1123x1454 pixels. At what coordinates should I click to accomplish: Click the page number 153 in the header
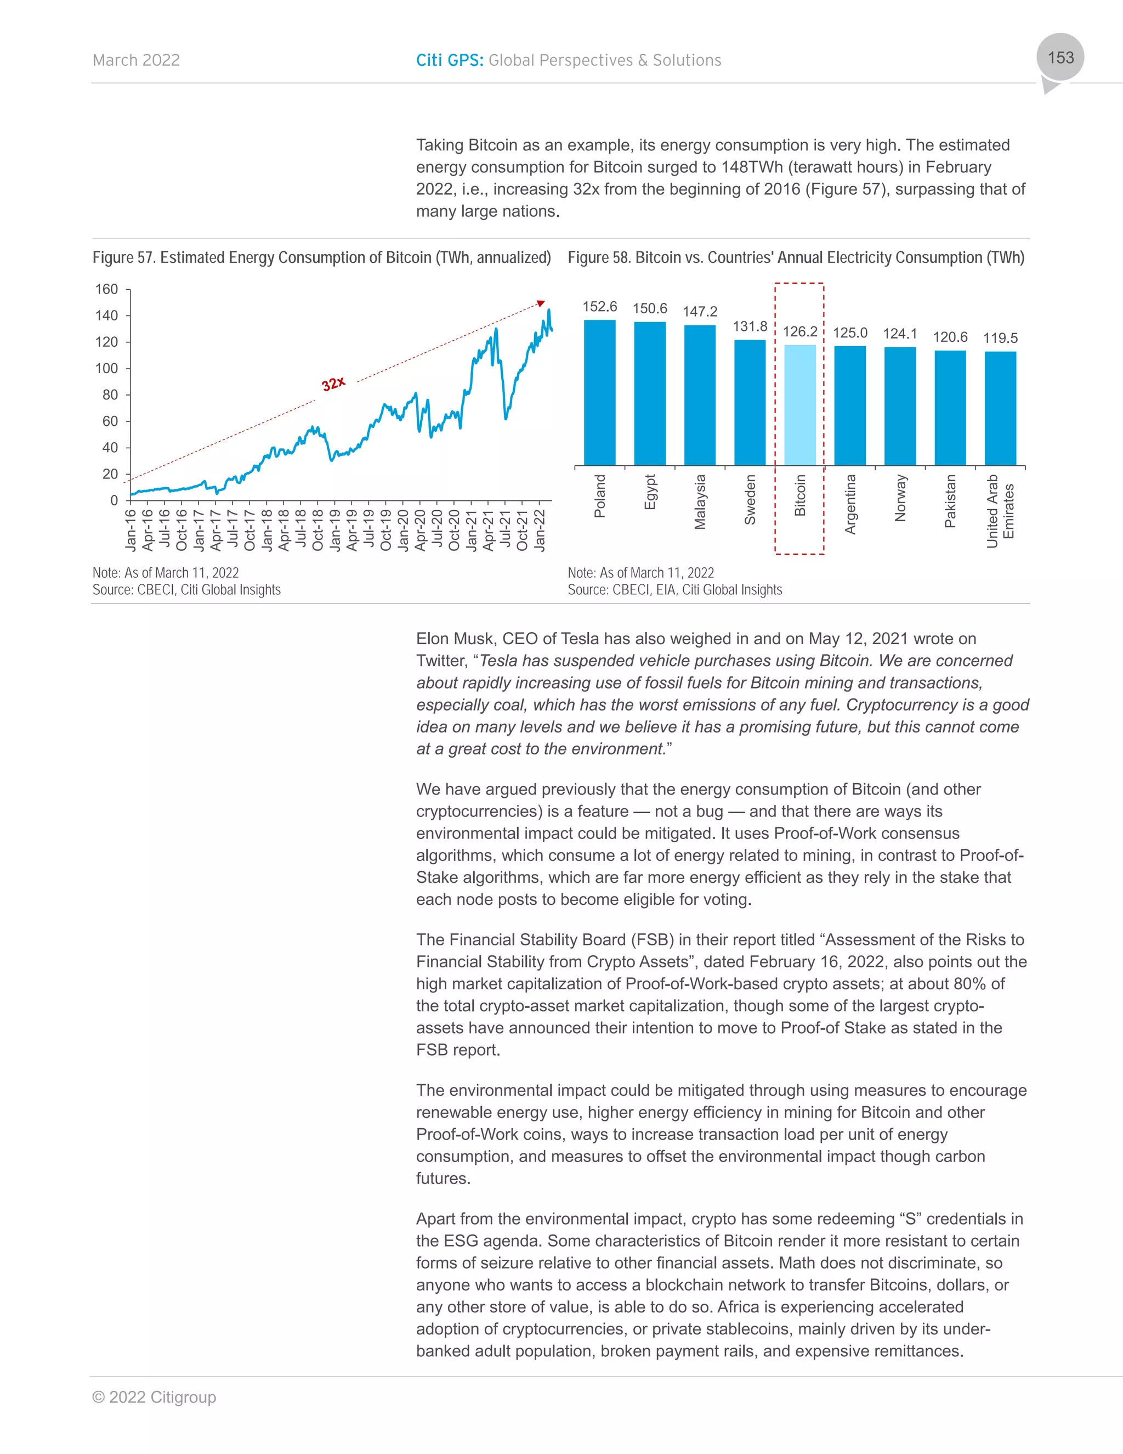click(1060, 58)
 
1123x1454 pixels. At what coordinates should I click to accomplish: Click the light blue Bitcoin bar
click(799, 405)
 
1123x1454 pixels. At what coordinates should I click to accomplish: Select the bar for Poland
click(599, 393)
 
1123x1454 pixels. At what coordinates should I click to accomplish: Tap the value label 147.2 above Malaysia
click(700, 312)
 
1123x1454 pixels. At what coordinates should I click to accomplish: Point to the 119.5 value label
click(1001, 338)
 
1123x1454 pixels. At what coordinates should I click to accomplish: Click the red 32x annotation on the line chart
click(333, 384)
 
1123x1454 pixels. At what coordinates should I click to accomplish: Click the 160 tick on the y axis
click(106, 290)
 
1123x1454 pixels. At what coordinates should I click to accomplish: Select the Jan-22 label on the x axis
click(540, 531)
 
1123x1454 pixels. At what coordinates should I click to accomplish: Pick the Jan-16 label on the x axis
click(131, 531)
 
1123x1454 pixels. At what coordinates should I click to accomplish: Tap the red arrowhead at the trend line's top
click(541, 303)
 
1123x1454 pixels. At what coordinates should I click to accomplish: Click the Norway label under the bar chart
click(901, 498)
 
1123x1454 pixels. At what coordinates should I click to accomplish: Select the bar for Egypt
click(650, 393)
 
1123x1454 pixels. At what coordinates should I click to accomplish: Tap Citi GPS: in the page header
click(450, 60)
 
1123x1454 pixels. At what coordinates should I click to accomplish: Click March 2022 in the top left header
click(137, 60)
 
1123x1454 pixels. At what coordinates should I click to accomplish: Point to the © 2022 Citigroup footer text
click(154, 1397)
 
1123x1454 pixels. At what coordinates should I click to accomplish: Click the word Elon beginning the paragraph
click(433, 639)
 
